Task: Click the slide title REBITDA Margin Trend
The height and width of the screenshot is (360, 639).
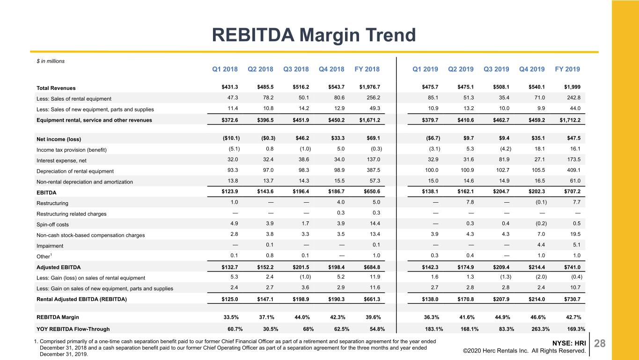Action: click(314, 35)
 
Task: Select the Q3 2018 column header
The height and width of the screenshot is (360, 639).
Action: click(296, 69)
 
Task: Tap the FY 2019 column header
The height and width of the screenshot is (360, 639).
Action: click(567, 69)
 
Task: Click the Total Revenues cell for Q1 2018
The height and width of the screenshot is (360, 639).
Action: click(230, 87)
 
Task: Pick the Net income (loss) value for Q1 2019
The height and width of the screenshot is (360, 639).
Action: click(433, 138)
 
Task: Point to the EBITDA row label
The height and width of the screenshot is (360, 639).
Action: click(46, 192)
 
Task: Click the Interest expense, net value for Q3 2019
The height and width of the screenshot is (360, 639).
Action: click(504, 159)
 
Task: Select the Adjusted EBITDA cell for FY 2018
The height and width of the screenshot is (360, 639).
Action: click(372, 267)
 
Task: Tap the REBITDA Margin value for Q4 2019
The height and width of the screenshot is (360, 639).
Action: click(538, 317)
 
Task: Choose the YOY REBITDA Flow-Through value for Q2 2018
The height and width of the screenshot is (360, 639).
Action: click(271, 329)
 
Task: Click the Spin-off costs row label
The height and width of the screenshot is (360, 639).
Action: click(52, 225)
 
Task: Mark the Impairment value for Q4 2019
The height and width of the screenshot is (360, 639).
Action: click(541, 245)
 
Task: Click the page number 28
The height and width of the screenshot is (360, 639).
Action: click(600, 343)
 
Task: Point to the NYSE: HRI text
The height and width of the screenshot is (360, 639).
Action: click(569, 343)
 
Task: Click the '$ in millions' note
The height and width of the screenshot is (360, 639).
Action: click(51, 61)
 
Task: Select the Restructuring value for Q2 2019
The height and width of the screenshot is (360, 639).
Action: click(470, 202)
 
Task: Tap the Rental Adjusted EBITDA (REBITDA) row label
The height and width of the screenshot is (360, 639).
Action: click(81, 299)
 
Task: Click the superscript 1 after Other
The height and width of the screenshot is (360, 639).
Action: click(51, 255)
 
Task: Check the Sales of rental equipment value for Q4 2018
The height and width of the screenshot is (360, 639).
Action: click(339, 97)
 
